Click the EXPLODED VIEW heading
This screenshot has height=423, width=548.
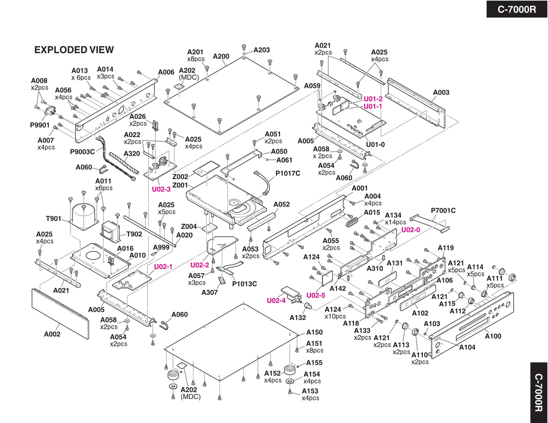74,50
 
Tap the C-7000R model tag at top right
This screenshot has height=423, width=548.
517,9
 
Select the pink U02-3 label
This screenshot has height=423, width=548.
161,189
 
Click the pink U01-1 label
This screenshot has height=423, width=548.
373,106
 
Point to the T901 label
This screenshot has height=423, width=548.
53,219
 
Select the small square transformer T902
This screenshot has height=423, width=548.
110,231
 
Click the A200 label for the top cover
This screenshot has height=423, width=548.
221,56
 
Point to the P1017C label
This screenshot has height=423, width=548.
287,173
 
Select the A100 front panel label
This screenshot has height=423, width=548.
493,336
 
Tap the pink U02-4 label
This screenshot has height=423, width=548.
276,300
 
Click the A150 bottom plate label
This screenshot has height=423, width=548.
314,332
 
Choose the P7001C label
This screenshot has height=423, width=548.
443,211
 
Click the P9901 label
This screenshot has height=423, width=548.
40,125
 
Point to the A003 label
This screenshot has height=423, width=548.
441,92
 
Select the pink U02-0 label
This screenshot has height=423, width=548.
410,230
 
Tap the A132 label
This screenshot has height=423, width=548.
298,317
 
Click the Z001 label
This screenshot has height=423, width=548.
180,185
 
